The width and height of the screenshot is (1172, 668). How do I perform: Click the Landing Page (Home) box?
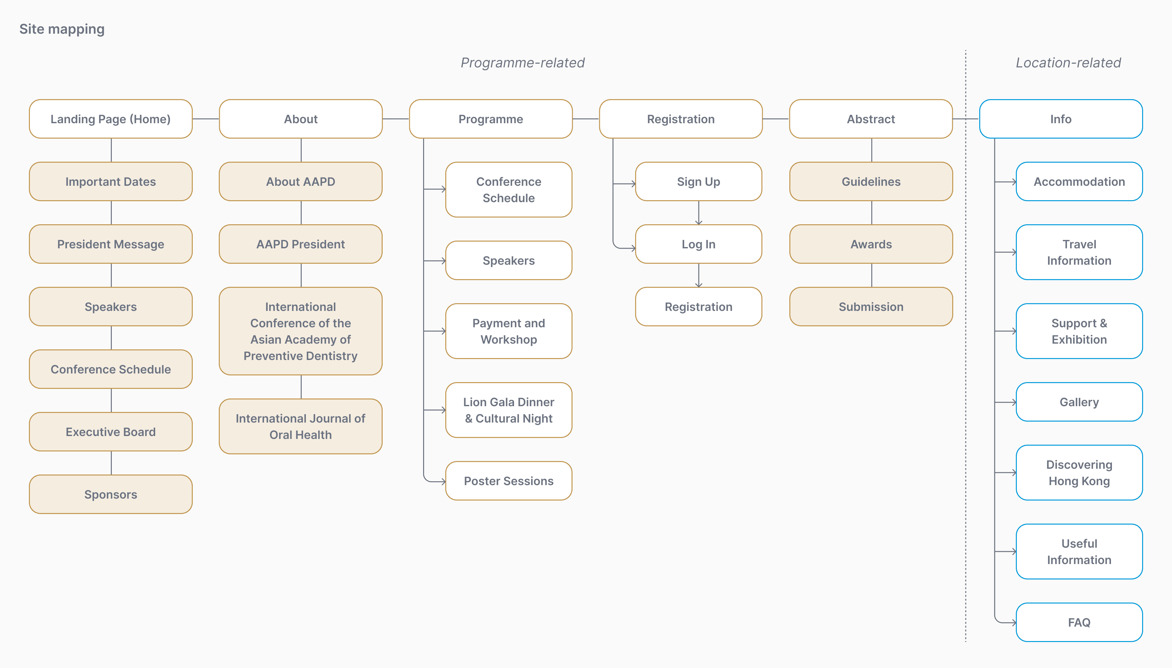(111, 119)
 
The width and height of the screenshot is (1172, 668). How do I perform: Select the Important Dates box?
(111, 182)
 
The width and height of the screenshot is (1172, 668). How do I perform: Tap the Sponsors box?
(111, 494)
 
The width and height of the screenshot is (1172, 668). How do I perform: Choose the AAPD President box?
(300, 244)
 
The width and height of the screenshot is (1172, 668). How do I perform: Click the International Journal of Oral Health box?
(300, 426)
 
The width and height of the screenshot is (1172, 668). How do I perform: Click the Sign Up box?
(698, 182)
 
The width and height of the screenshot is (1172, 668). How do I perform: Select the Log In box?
(698, 244)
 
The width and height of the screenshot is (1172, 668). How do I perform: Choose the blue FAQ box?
(1079, 622)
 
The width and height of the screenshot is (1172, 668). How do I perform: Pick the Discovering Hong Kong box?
(1079, 473)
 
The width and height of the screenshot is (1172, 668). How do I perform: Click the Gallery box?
(1079, 402)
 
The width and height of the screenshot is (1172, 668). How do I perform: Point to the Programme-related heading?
(523, 63)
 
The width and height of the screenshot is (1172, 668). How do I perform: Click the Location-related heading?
(1068, 63)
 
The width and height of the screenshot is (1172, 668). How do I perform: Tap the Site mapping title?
(62, 29)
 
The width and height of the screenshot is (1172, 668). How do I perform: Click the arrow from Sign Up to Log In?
(698, 213)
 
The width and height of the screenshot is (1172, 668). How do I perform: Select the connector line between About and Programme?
(395, 119)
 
